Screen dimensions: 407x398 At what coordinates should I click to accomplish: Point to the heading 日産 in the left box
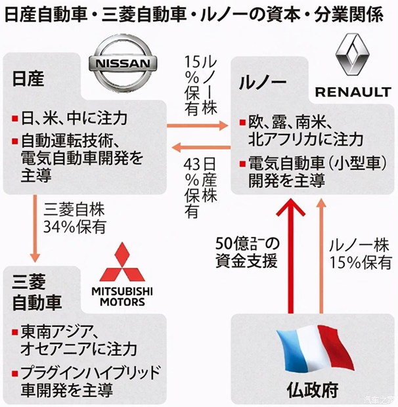(x=28, y=79)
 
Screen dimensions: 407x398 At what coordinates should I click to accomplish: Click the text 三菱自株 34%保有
(x=75, y=219)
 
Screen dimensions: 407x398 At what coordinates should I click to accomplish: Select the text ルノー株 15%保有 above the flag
(x=359, y=255)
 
